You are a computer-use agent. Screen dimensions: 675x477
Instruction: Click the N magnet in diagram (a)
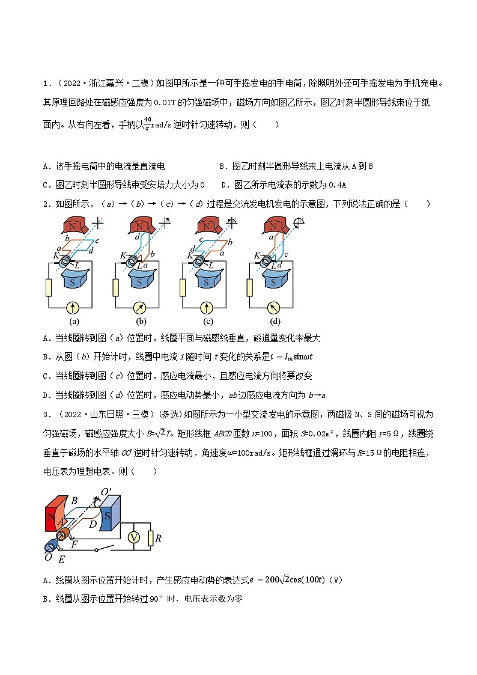(x=73, y=227)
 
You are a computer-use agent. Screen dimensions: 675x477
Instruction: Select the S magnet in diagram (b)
(x=139, y=280)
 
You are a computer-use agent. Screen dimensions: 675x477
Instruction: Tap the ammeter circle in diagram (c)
(x=207, y=308)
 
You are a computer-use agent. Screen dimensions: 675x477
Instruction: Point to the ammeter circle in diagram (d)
(x=274, y=308)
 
